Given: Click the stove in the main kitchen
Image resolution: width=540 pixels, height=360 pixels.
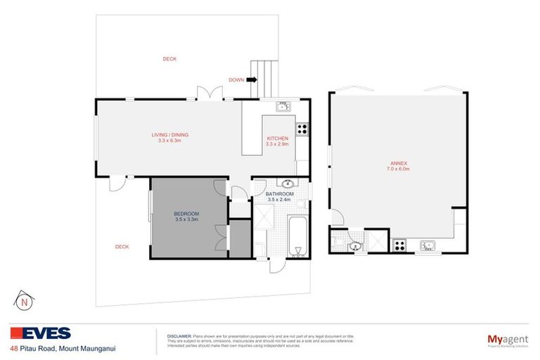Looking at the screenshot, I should (x=302, y=129).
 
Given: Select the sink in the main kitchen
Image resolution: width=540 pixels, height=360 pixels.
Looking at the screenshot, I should (x=283, y=107).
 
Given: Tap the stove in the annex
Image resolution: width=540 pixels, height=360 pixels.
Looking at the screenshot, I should (x=399, y=245).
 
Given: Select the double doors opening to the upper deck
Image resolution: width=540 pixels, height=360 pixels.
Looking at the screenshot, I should (x=210, y=93).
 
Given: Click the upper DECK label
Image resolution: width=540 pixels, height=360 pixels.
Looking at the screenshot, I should (x=169, y=59).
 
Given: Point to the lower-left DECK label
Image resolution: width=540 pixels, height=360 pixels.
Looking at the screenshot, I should (x=122, y=247).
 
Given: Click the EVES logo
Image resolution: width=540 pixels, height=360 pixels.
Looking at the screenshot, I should (x=41, y=334).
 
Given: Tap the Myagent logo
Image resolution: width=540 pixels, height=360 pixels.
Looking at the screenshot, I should (x=508, y=340).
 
